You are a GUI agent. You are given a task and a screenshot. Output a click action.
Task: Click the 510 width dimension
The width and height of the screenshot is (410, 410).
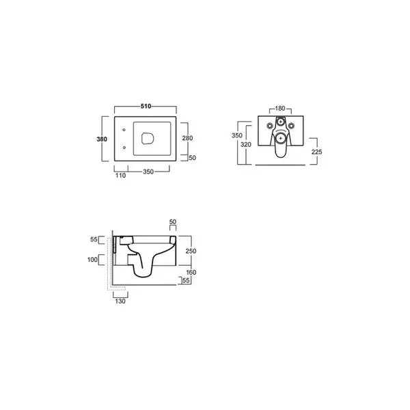[146, 106]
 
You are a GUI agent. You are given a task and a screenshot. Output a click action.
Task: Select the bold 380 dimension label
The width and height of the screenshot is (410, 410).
[102, 139]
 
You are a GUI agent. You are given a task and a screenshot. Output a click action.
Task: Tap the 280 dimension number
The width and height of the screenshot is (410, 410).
[187, 138]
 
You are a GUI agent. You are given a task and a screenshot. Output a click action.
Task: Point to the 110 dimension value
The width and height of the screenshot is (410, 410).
[120, 176]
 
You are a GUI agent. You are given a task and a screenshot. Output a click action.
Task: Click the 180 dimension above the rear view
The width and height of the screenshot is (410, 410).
[280, 108]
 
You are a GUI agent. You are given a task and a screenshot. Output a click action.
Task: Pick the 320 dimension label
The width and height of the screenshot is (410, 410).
[246, 145]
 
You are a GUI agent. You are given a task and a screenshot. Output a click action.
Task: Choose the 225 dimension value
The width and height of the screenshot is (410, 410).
[316, 152]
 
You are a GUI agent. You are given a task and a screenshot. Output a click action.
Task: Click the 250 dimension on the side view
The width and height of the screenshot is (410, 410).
[191, 251]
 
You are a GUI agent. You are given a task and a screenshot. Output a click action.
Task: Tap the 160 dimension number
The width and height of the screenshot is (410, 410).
[191, 273]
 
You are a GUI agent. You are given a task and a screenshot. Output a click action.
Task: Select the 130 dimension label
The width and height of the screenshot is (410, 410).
[120, 301]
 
